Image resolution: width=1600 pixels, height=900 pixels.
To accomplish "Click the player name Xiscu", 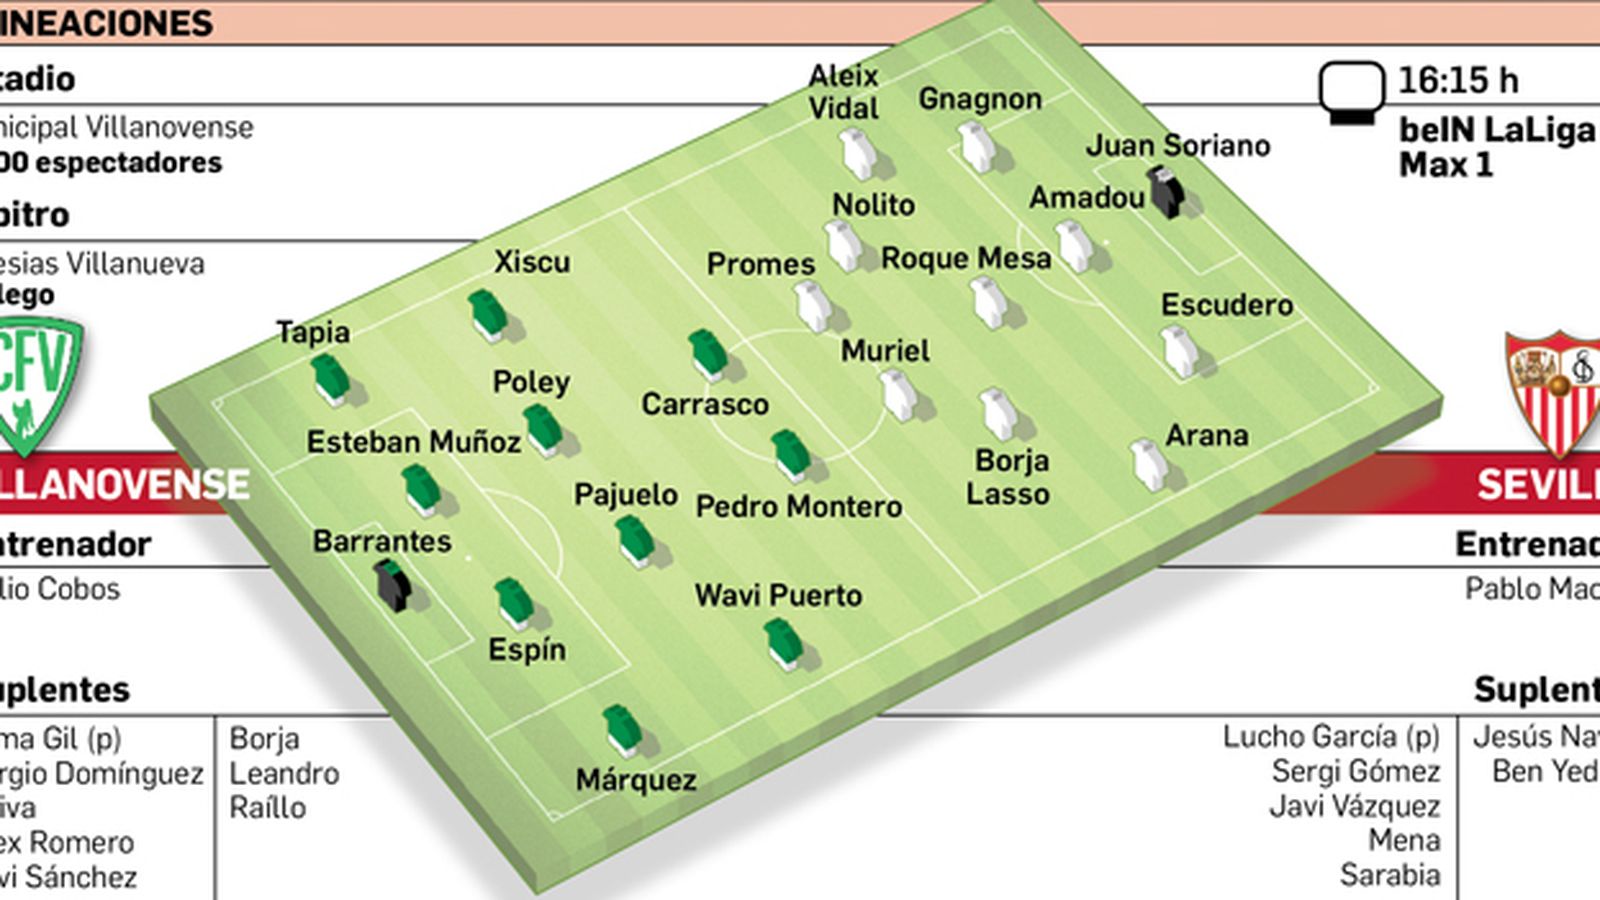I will pyautogui.click(x=532, y=262).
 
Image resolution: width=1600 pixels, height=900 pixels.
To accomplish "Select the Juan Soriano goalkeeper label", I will pyautogui.click(x=1178, y=146).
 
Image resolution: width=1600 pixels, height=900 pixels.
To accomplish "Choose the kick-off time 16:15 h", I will pyautogui.click(x=1457, y=80).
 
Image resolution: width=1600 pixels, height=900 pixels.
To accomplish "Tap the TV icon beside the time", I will pyautogui.click(x=1351, y=91).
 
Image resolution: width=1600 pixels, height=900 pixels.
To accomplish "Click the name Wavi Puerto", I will pyautogui.click(x=778, y=596).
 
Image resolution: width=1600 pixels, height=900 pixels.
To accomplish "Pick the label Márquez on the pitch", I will pyautogui.click(x=636, y=780).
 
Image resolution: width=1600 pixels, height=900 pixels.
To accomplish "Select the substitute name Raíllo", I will pyautogui.click(x=267, y=808).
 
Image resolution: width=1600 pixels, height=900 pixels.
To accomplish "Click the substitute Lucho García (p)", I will pyautogui.click(x=1331, y=737).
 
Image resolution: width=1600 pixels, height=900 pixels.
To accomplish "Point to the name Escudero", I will pyautogui.click(x=1227, y=305).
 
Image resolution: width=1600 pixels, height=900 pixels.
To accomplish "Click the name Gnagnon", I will pyautogui.click(x=980, y=99).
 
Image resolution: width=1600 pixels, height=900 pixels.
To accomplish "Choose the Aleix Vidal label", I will pyautogui.click(x=843, y=92).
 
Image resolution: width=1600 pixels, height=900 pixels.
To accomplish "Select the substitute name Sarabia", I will pyautogui.click(x=1390, y=875).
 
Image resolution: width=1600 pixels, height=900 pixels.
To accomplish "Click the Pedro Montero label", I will pyautogui.click(x=799, y=507).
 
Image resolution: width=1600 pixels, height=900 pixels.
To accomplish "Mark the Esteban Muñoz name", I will pyautogui.click(x=413, y=442).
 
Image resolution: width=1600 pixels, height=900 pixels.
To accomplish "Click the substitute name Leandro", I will pyautogui.click(x=284, y=773).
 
